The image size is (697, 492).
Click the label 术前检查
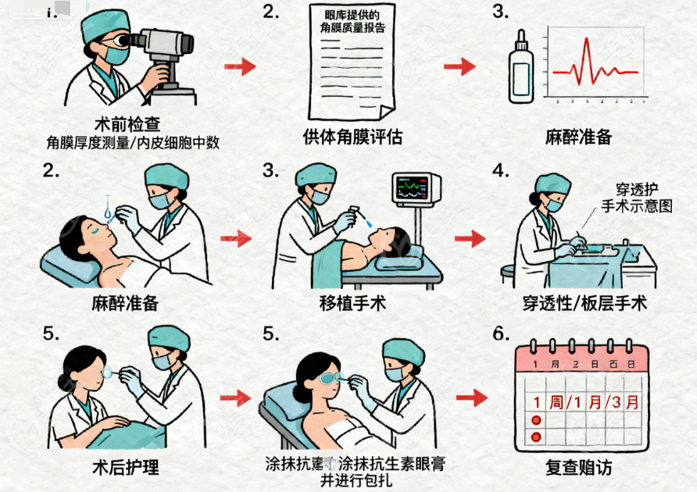tap(124, 124)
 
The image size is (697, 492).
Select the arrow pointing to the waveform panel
tap(459, 67)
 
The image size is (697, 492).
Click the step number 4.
tap(500, 171)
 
